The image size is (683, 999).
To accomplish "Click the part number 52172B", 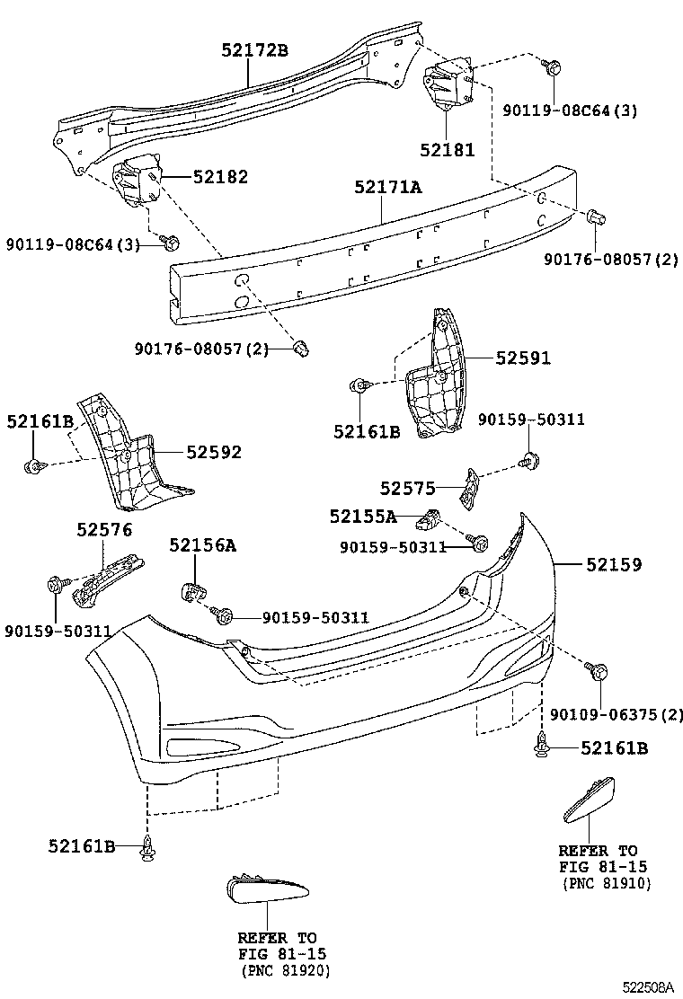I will tap(254, 50).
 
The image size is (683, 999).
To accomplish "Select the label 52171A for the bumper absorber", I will tap(387, 187).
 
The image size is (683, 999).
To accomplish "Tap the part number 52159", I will tap(614, 564).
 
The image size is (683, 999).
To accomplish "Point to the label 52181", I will tap(447, 150).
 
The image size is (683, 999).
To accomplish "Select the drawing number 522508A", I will tap(645, 986).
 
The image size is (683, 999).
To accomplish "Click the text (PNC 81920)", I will tap(285, 970).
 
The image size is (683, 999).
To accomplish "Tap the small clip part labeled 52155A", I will tap(432, 518).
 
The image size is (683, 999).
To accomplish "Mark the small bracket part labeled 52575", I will tap(469, 485).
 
